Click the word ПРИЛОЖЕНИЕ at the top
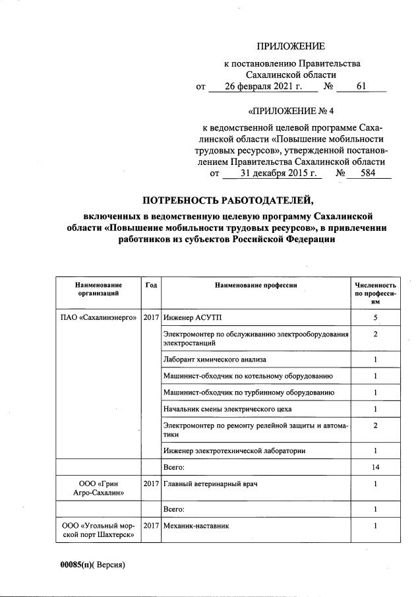(x=291, y=46)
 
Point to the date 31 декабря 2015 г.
(x=272, y=174)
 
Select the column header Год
(x=151, y=284)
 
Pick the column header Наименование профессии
(x=255, y=284)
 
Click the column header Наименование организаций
(x=98, y=288)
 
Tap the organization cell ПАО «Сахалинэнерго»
(x=98, y=318)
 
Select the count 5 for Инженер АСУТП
(x=374, y=318)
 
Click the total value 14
(x=374, y=467)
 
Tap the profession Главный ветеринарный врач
(x=210, y=484)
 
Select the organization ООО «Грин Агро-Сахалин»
(x=98, y=489)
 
